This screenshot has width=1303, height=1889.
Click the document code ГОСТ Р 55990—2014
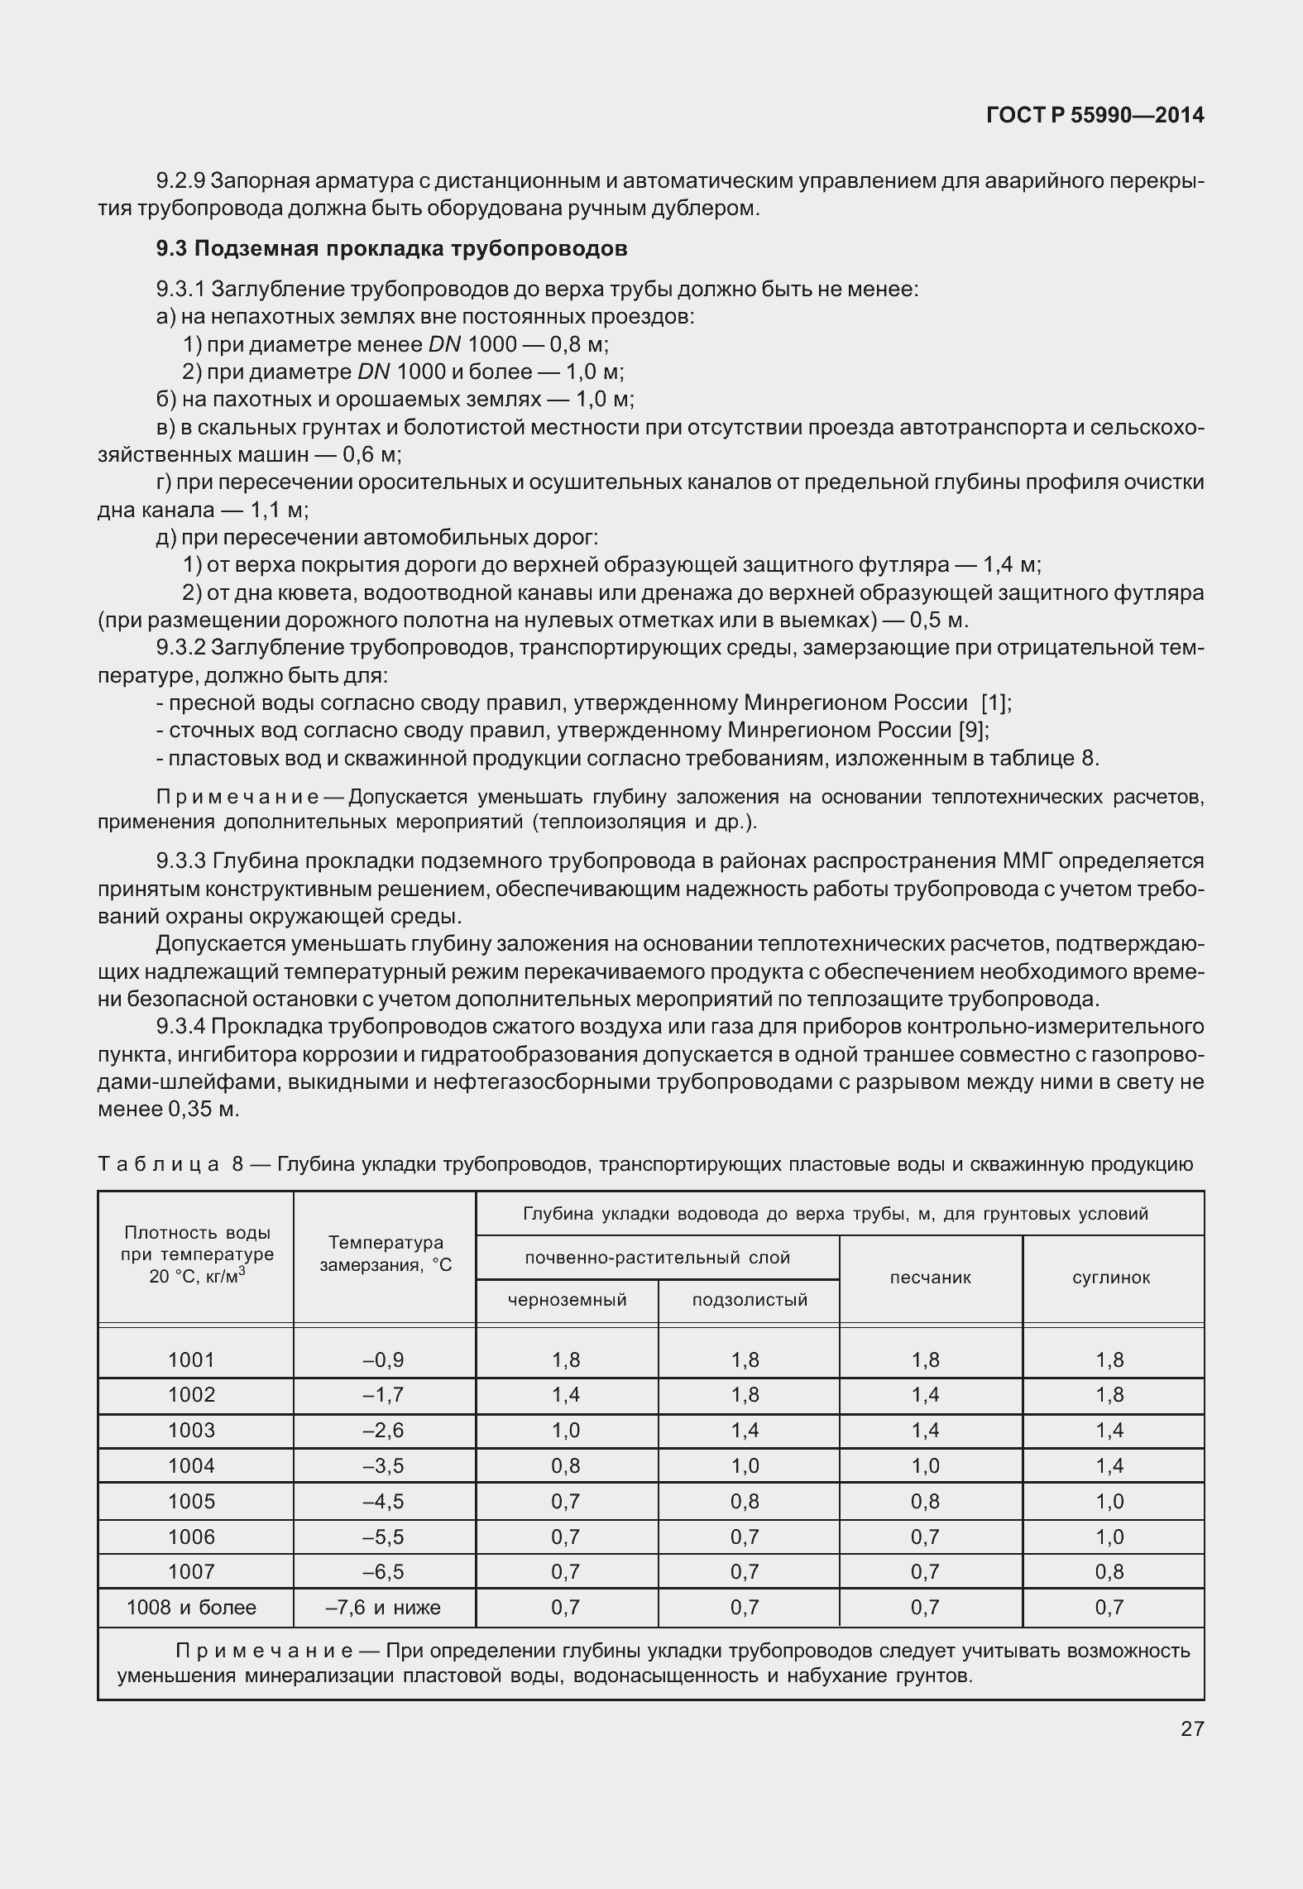point(1095,116)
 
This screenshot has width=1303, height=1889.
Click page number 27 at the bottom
point(1191,1728)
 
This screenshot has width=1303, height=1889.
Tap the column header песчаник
point(930,1278)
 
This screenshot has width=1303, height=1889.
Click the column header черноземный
point(567,1300)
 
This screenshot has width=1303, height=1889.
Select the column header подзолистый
point(749,1300)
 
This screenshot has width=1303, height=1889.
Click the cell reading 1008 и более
point(191,1608)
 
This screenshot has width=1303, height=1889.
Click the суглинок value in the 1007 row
point(1109,1572)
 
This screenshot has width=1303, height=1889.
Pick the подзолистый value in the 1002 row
point(745,1395)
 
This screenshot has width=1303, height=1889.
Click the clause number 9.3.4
point(180,1027)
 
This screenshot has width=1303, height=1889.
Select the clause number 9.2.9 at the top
point(180,180)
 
